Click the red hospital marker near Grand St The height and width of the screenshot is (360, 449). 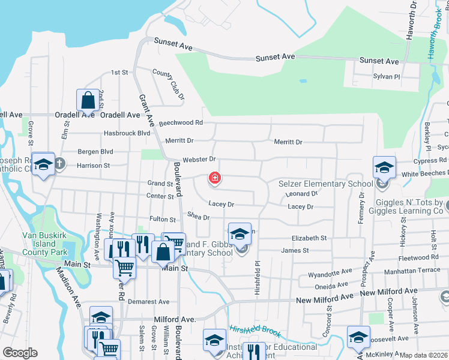click(x=214, y=178)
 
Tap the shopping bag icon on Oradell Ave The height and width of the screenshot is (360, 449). click(x=88, y=100)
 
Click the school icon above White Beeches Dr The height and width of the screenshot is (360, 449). click(x=384, y=166)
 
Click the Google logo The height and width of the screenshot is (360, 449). click(x=20, y=353)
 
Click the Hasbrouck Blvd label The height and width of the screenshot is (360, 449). click(x=127, y=133)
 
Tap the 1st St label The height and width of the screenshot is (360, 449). click(x=119, y=73)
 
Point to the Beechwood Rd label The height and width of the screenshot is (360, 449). click(x=181, y=123)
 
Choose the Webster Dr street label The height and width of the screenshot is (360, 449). click(x=199, y=159)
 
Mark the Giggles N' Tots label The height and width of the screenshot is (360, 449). click(x=409, y=207)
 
